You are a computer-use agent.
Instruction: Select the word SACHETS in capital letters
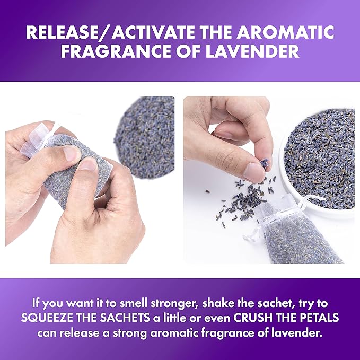click(144, 319)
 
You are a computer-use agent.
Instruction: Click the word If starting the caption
click(37, 304)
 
